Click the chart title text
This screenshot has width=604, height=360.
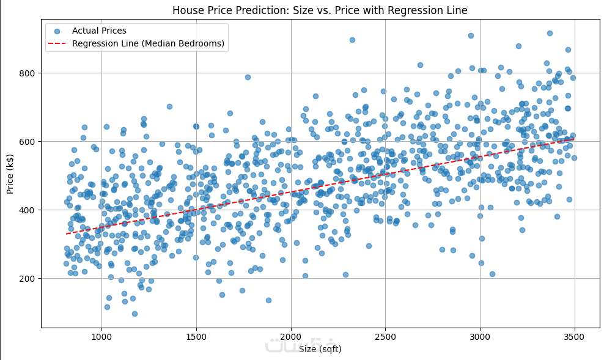pyautogui.click(x=320, y=10)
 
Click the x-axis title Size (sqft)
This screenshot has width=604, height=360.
pyautogui.click(x=320, y=349)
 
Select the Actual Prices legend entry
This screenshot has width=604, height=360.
pyautogui.click(x=98, y=31)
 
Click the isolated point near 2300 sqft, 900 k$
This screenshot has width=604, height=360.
pyautogui.click(x=352, y=40)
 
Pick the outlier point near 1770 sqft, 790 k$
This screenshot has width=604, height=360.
pyautogui.click(x=248, y=77)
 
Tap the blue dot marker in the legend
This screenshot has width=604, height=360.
pyautogui.click(x=57, y=31)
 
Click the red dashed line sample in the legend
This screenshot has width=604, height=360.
pyautogui.click(x=57, y=43)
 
